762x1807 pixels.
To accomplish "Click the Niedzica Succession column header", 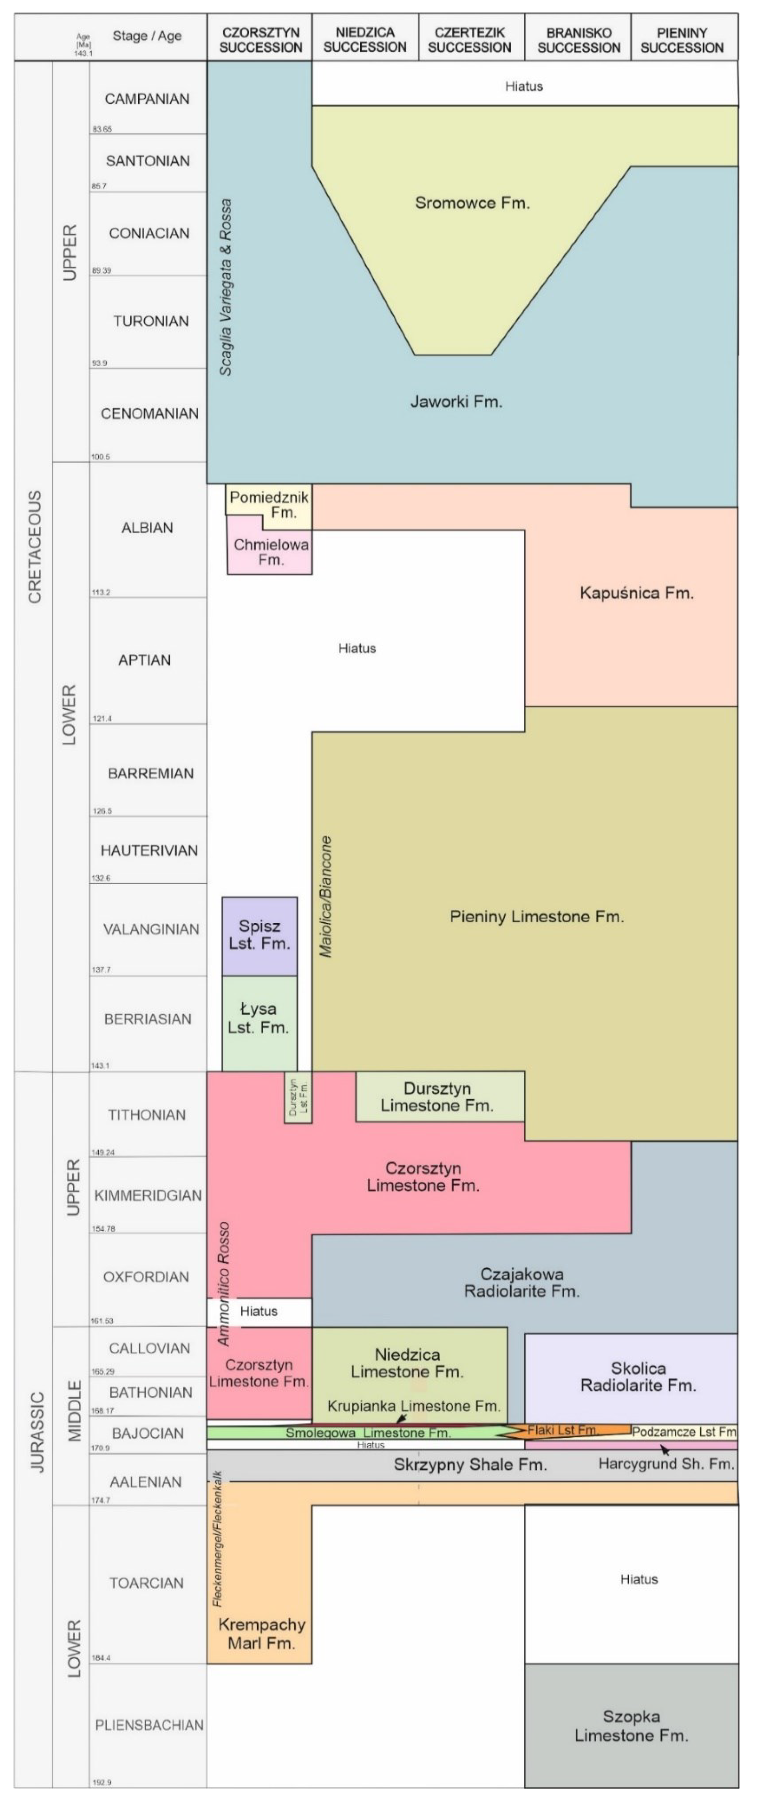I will click(365, 40).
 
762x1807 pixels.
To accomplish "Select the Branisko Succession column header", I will click(579, 40).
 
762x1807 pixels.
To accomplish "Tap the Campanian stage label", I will click(147, 99).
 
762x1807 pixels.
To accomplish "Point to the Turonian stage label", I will click(151, 321).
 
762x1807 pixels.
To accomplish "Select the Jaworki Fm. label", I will click(456, 402).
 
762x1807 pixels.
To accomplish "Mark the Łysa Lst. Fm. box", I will click(259, 1018).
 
